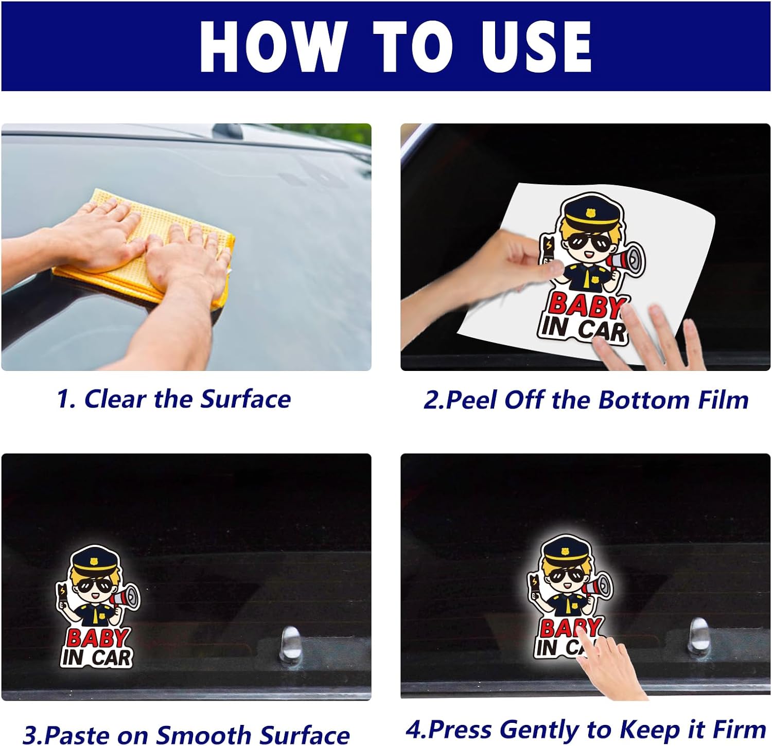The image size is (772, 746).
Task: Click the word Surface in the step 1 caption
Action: (245, 399)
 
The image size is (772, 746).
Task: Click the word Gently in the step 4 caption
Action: (540, 730)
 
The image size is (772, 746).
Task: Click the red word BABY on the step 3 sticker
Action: (97, 638)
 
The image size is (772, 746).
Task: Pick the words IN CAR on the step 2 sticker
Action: (584, 328)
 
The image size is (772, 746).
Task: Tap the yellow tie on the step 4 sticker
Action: (568, 606)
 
